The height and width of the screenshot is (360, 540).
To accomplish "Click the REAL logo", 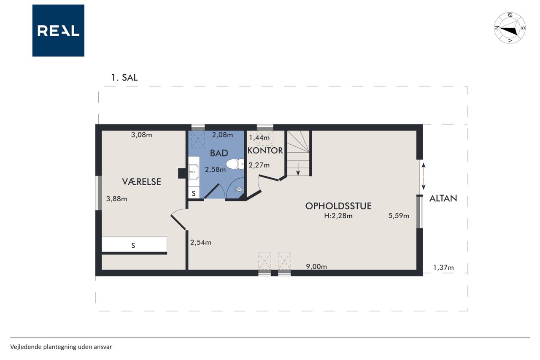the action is tap(58, 30).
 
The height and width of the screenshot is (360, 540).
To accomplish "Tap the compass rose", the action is tap(510, 28).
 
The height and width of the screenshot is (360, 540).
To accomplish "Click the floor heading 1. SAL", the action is tap(124, 77).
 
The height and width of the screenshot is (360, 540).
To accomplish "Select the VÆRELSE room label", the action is tap(141, 182).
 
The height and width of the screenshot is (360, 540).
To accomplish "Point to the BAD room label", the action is tap(219, 153).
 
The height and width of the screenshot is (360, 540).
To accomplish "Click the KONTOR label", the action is tap(265, 151).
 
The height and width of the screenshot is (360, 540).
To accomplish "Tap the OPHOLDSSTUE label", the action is tap(338, 206).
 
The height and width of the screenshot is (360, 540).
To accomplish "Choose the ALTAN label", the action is tap(443, 198).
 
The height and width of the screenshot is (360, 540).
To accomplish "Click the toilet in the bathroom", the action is tap(235, 164).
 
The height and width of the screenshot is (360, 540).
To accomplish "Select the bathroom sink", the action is tap(194, 172).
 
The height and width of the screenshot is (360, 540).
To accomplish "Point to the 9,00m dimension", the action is tap(316, 266).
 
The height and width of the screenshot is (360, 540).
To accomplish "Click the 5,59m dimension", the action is tap(399, 216).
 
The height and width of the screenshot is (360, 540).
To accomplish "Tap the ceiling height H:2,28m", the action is tap(338, 216).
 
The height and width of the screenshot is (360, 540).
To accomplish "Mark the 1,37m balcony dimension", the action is tap(443, 268).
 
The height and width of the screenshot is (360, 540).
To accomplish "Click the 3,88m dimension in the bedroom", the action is tap(116, 199).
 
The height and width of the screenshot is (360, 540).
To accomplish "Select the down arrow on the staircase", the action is tap(298, 169).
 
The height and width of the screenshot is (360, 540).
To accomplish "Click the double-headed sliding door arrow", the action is tap(423, 176).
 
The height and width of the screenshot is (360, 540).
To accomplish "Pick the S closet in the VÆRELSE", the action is tap(134, 244).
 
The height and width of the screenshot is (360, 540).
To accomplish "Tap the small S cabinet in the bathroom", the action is tap(194, 193).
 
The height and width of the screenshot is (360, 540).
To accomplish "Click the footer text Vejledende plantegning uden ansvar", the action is tap(61, 347).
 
